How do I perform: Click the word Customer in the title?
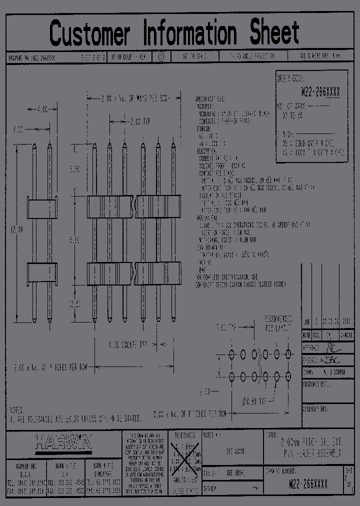(x=89, y=34)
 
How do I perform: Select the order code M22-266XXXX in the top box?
(x=320, y=92)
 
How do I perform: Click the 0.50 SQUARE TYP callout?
(x=127, y=344)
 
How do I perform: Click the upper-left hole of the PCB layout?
(x=231, y=354)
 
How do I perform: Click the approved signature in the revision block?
(x=330, y=346)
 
